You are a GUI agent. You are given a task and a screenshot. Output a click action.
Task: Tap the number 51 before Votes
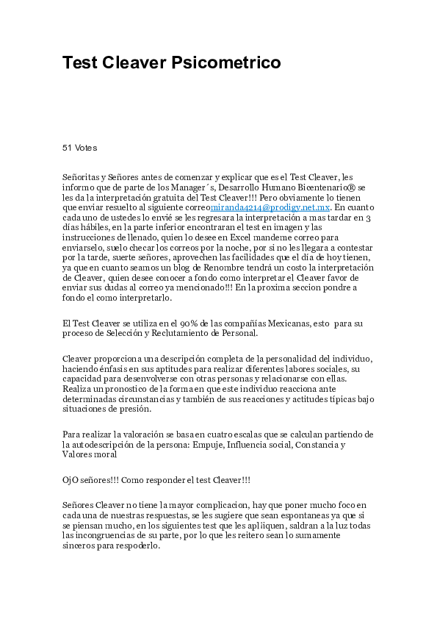[x=67, y=148]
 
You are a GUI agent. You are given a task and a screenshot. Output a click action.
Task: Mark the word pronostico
[x=123, y=389]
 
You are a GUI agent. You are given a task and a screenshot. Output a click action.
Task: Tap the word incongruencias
[x=104, y=536]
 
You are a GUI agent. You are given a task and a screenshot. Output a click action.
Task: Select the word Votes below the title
[x=86, y=148]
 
